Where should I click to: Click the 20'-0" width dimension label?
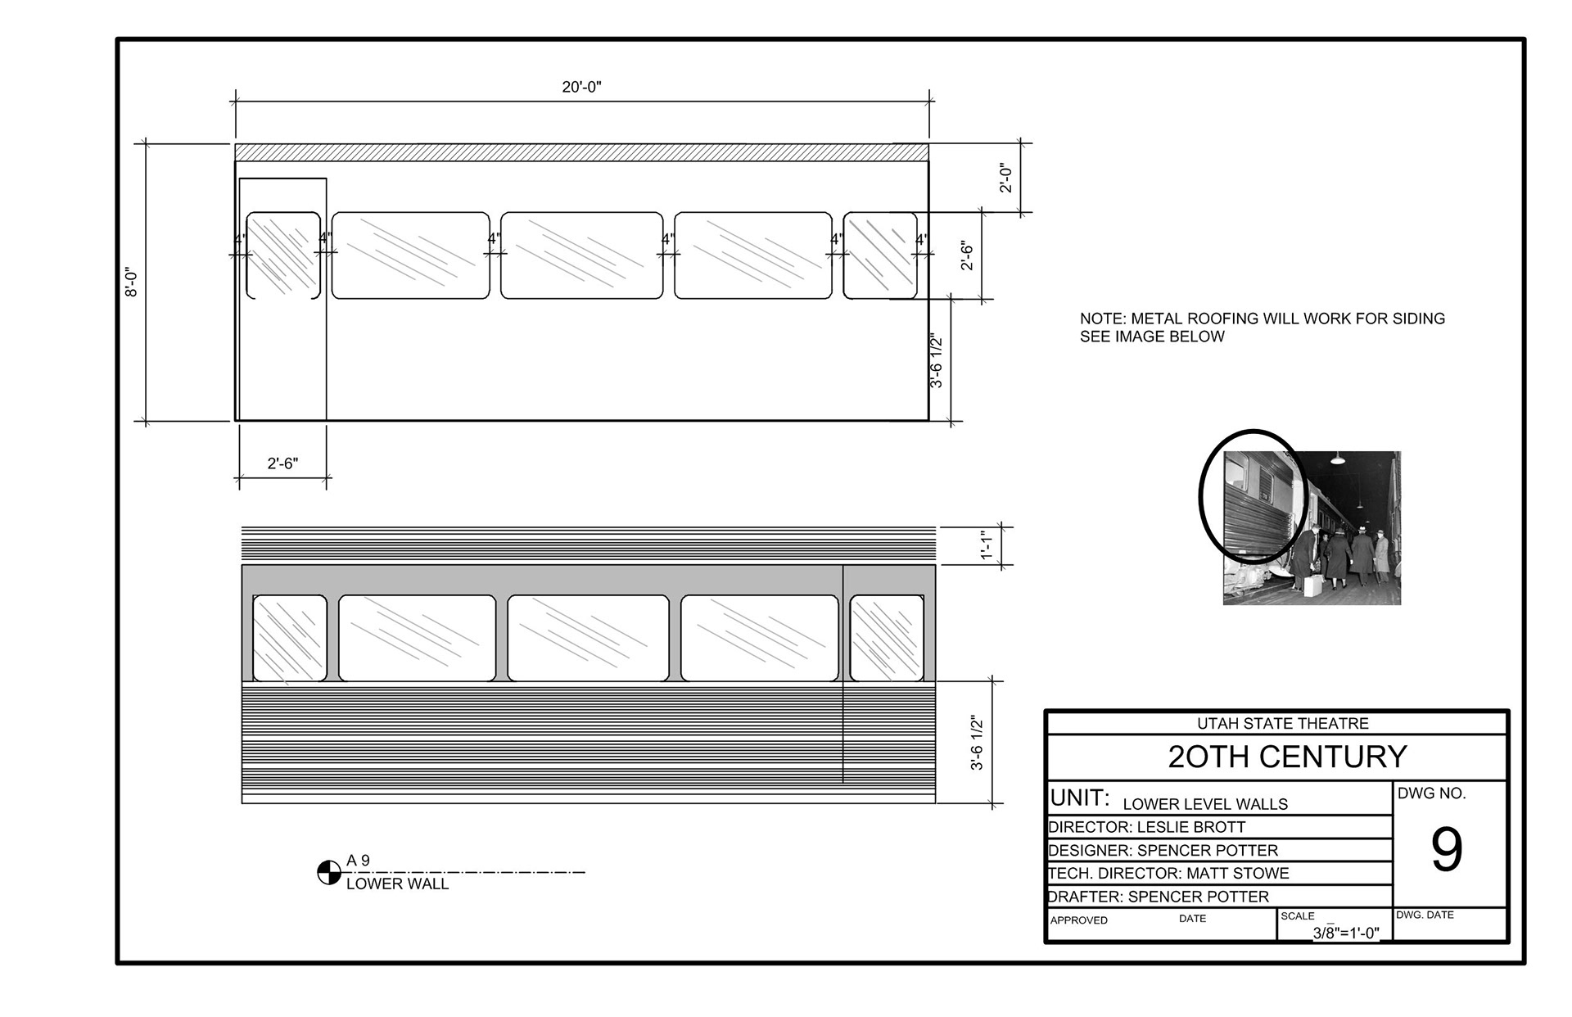tap(581, 87)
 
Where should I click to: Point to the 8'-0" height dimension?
tap(132, 282)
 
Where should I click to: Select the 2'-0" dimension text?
tap(1006, 179)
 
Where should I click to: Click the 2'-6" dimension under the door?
tap(282, 463)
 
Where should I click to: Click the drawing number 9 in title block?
tap(1447, 850)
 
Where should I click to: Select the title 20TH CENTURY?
tap(1287, 757)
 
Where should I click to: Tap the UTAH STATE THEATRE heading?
tap(1283, 723)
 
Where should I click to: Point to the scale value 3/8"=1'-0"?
tap(1346, 933)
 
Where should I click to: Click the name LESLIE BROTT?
tap(1191, 827)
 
